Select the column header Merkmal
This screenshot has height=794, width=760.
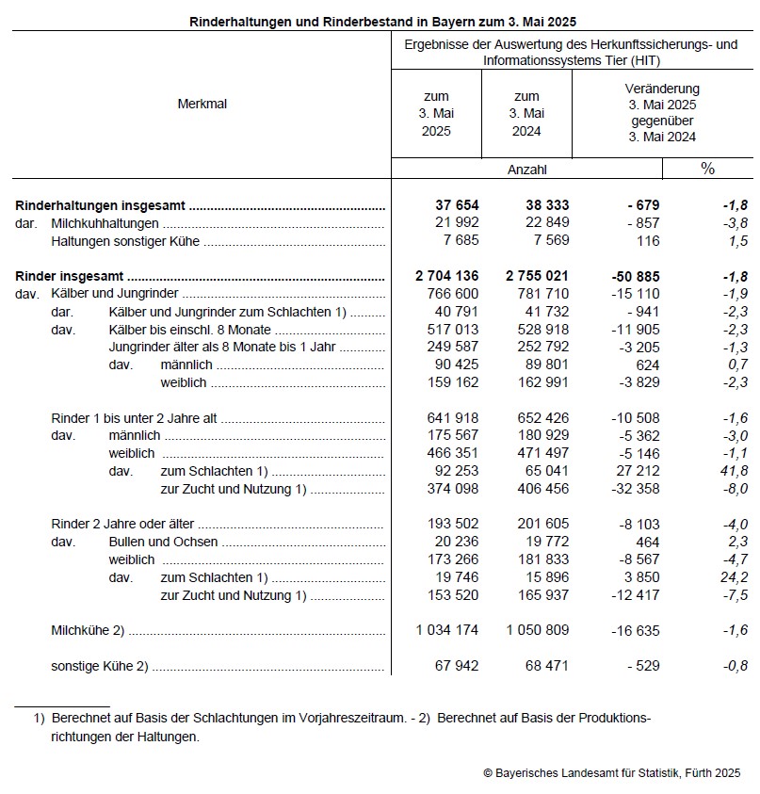(x=202, y=104)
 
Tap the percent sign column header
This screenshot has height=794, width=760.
(x=707, y=169)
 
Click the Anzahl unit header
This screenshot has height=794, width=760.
(x=526, y=170)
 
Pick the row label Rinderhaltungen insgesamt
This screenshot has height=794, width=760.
(x=101, y=205)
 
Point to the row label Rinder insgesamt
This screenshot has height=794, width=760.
(x=71, y=277)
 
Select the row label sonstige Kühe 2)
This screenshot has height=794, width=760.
(x=99, y=666)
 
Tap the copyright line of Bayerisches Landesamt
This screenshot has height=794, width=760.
(x=611, y=772)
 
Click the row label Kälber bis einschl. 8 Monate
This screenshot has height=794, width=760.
(x=189, y=330)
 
